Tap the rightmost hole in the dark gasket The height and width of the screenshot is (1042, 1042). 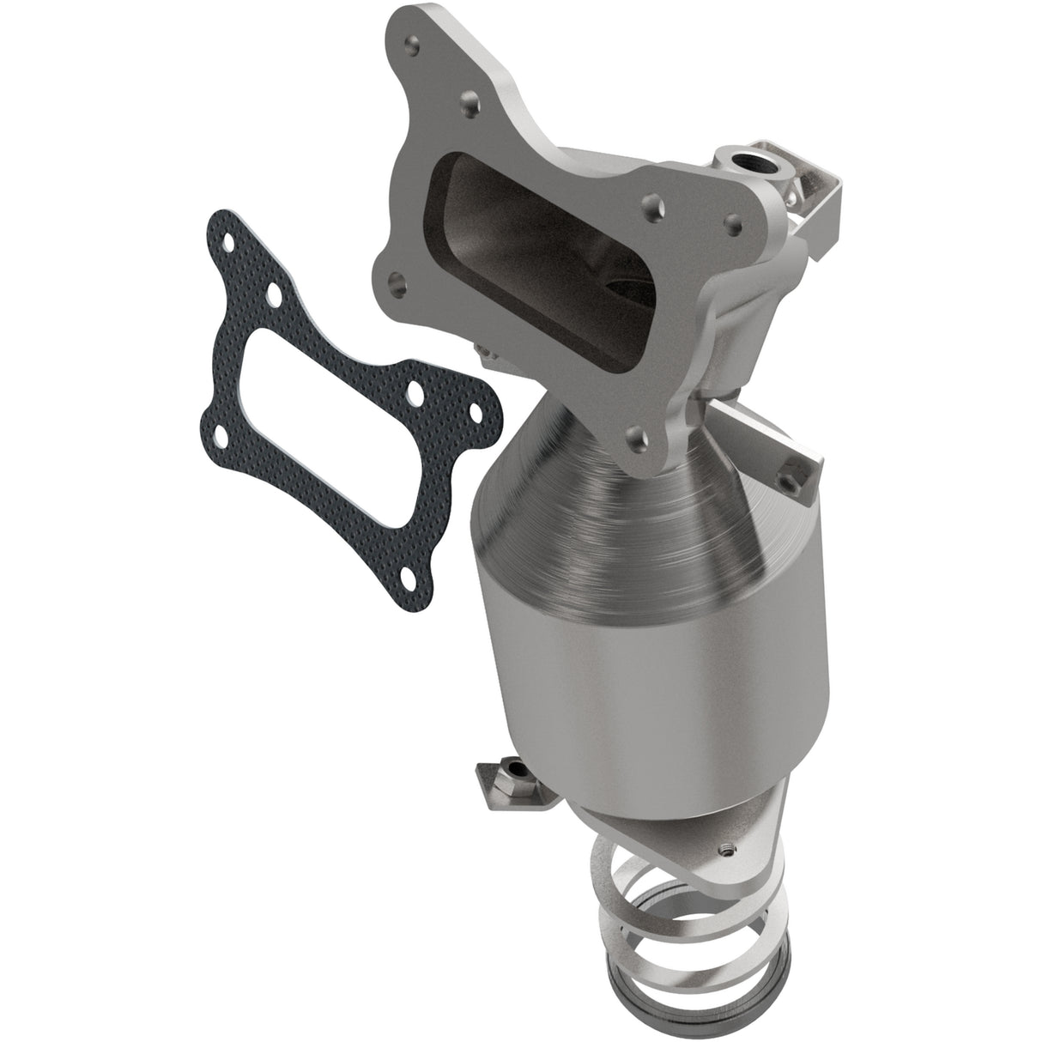[x=415, y=396]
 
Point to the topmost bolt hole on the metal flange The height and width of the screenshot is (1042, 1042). [x=416, y=39]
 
